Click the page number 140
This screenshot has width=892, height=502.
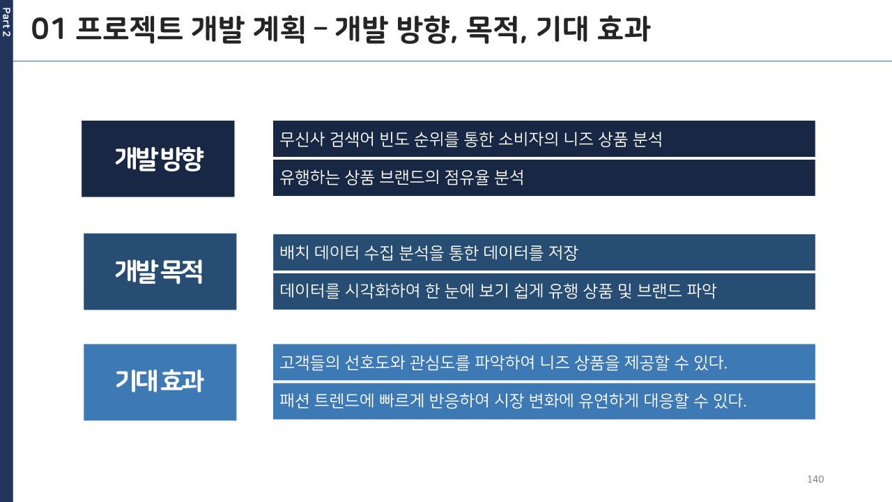815,479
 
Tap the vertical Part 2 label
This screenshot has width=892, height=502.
6,22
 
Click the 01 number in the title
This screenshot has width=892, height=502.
48,29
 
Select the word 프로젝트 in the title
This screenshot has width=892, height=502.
130,29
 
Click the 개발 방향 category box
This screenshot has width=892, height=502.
158,158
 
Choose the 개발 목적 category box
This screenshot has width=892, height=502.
160,272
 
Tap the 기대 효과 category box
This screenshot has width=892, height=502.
160,382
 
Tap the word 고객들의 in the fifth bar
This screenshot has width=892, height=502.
309,363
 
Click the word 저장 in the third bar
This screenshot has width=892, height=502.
563,252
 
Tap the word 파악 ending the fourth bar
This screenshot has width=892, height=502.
702,291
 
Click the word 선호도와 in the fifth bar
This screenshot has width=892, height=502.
374,363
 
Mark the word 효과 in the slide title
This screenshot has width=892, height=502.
624,29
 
